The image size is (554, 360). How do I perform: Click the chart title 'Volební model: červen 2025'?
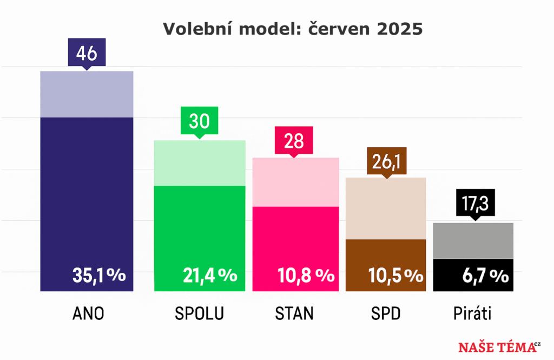coord(293,29)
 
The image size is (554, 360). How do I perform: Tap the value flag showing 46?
coord(87,53)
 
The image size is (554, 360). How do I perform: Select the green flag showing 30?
coord(199,121)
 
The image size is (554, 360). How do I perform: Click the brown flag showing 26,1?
coord(386,161)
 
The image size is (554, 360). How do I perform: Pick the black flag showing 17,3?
coord(476,204)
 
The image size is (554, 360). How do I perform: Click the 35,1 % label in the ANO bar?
coord(99,275)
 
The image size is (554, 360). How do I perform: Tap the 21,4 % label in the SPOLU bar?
coord(209,275)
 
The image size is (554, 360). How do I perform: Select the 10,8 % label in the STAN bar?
coord(306,276)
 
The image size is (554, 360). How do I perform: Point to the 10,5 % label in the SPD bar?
coord(395,276)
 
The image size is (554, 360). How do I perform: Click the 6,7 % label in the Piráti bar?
coord(485,276)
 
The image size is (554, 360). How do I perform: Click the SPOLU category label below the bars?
coord(200,313)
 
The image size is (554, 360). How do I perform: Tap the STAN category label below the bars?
coord(294,313)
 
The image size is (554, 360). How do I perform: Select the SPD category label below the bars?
coord(386,313)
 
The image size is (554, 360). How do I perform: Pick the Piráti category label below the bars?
coord(472,313)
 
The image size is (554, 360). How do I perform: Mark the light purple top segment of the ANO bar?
coord(87,94)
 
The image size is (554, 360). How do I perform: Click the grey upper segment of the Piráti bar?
coord(473,241)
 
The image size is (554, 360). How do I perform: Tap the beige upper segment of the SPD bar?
coord(386,208)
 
